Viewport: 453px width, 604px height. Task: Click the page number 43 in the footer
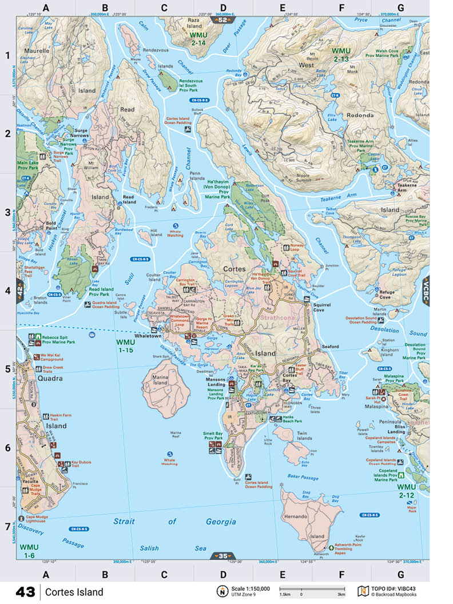click(25, 591)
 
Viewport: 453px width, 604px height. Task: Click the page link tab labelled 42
click(21, 291)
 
